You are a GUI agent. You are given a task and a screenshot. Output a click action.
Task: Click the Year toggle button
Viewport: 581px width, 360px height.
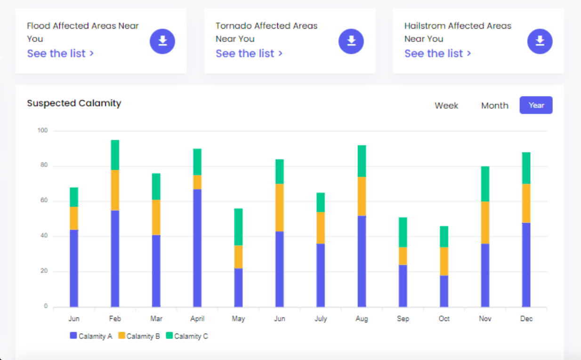(x=536, y=105)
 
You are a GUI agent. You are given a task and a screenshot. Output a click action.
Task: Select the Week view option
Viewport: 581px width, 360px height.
(x=446, y=105)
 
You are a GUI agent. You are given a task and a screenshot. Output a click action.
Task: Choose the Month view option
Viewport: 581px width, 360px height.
(x=494, y=105)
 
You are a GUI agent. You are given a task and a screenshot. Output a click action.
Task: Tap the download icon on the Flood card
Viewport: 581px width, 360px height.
(x=162, y=41)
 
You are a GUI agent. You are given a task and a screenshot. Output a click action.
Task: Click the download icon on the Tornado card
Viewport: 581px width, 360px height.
(x=351, y=41)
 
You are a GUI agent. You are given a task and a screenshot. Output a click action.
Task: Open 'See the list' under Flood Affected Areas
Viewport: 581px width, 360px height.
(x=60, y=54)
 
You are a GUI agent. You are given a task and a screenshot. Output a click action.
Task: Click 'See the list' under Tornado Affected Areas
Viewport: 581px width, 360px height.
(x=249, y=54)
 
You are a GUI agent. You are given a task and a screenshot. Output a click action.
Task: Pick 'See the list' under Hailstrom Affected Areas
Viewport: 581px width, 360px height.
(x=438, y=54)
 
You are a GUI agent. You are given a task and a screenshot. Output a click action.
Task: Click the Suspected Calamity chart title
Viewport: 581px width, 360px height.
(x=74, y=103)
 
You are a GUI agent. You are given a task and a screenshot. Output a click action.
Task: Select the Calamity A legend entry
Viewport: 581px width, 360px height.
(x=91, y=336)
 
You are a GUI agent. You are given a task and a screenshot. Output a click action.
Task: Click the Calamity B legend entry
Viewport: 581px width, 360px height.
(x=139, y=336)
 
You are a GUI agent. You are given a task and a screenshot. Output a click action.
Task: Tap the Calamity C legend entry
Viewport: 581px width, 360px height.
(x=187, y=336)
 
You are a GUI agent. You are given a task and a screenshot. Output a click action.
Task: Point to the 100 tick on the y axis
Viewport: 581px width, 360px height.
(x=43, y=130)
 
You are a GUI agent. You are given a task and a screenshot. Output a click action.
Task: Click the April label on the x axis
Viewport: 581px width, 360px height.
(x=197, y=319)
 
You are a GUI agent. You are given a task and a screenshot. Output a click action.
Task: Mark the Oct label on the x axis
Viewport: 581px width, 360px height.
(x=444, y=319)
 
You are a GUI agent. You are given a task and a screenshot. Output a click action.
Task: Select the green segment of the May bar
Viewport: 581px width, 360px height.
(x=238, y=227)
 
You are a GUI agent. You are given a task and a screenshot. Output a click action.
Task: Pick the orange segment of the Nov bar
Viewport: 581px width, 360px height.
(x=485, y=223)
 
